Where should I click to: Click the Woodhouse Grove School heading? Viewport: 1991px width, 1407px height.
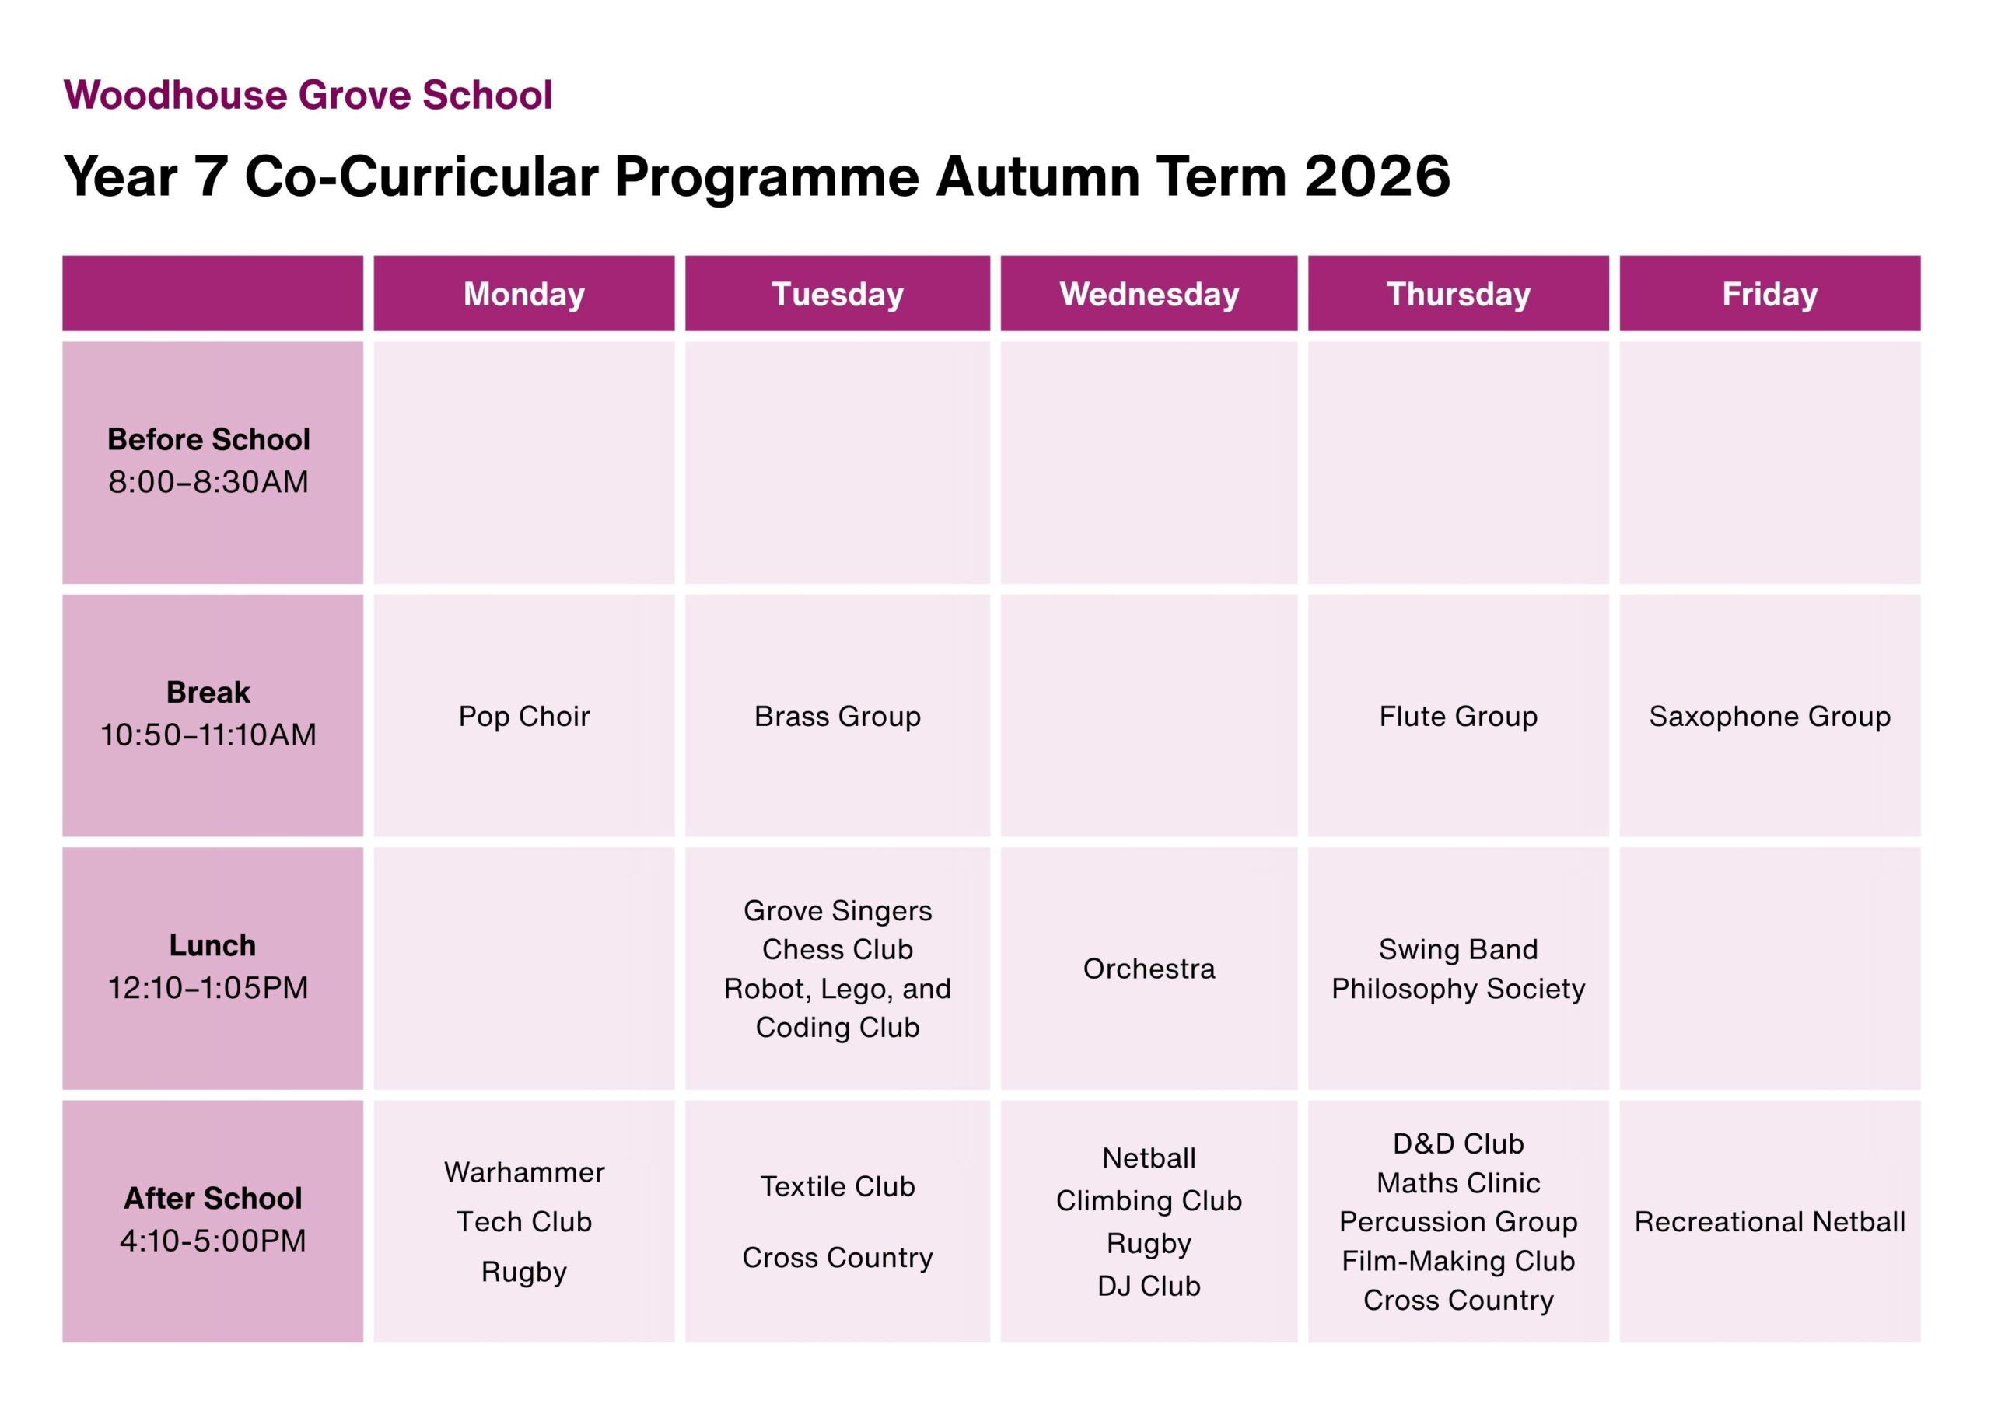pos(308,95)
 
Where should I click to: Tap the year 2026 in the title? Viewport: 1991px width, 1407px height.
pos(1377,176)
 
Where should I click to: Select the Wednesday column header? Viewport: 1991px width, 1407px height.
pos(1149,294)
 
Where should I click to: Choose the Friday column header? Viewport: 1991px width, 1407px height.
pos(1770,294)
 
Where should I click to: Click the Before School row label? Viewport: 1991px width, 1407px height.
pos(209,439)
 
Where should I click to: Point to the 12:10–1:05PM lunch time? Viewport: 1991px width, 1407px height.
pos(208,987)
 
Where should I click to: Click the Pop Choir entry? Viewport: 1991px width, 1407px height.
pos(523,717)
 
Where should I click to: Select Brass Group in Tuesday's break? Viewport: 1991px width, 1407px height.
pos(838,717)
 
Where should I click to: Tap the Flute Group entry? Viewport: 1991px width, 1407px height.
pos(1458,717)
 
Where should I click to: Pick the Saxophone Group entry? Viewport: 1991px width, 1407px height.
pos(1770,717)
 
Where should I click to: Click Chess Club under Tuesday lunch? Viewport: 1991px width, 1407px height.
pos(838,949)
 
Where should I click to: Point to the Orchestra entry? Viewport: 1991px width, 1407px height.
pos(1149,969)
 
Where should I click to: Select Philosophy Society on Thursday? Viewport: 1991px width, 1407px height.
pos(1458,988)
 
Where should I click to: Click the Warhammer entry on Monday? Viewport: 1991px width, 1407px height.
pos(523,1172)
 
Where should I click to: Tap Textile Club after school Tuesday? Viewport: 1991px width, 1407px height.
pos(838,1186)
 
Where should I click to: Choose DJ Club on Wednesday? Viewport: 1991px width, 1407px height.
pos(1149,1286)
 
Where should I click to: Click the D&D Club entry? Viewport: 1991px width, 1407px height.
pos(1458,1143)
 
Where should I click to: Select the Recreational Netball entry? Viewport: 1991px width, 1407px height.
pos(1770,1221)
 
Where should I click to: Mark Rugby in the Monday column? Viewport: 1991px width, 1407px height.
pos(523,1272)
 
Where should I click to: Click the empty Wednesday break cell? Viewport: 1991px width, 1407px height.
pos(1149,715)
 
